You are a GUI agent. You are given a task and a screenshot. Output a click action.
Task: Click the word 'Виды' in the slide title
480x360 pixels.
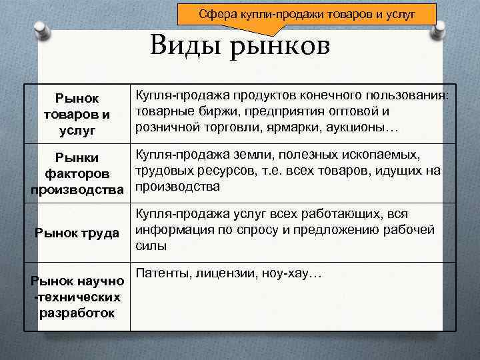[188, 46]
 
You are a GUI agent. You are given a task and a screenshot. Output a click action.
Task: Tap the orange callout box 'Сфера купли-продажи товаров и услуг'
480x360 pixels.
[307, 13]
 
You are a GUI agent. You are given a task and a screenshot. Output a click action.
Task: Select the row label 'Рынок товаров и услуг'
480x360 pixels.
[77, 114]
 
